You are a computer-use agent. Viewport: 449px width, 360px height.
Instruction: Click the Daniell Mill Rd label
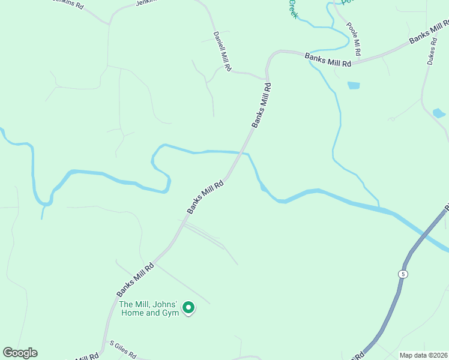pyautogui.click(x=222, y=52)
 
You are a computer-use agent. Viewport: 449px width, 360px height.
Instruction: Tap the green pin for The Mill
pyautogui.click(x=188, y=308)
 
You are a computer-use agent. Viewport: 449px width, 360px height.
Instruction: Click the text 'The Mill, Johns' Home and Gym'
pyautogui.click(x=149, y=308)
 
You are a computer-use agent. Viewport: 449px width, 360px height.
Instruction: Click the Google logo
pyautogui.click(x=20, y=353)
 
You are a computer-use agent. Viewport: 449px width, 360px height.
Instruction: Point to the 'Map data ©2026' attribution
pyautogui.click(x=424, y=355)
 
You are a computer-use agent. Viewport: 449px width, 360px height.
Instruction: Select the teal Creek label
pyautogui.click(x=293, y=8)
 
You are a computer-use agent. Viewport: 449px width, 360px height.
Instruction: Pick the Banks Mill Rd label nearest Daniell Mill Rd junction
pyautogui.click(x=262, y=105)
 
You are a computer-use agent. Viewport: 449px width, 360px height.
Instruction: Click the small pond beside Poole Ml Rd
pyautogui.click(x=353, y=85)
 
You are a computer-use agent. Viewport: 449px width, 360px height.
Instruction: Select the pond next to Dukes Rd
pyautogui.click(x=439, y=113)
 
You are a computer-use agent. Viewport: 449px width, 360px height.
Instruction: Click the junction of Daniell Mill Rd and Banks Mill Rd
pyautogui.click(x=266, y=79)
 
